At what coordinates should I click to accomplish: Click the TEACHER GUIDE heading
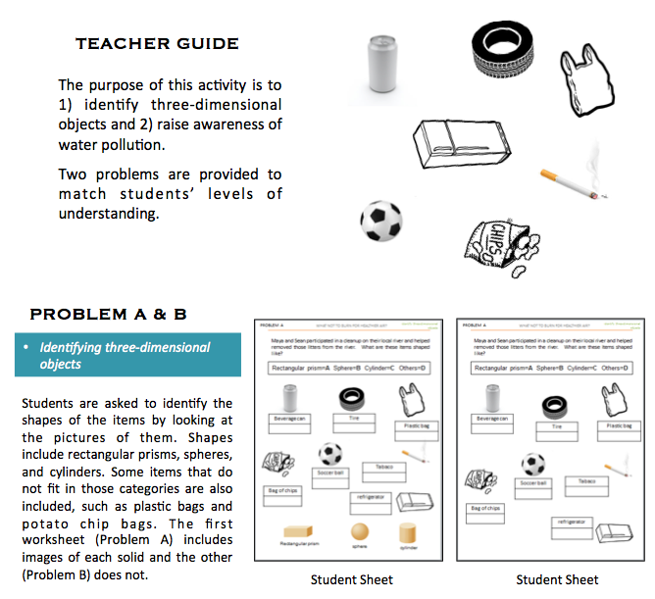tap(157, 44)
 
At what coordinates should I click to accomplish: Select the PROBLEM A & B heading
tap(109, 314)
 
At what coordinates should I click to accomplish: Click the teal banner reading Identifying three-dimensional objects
tap(127, 355)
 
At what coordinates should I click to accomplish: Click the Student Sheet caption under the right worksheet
tap(557, 579)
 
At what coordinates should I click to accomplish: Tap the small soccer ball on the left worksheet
tap(330, 453)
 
